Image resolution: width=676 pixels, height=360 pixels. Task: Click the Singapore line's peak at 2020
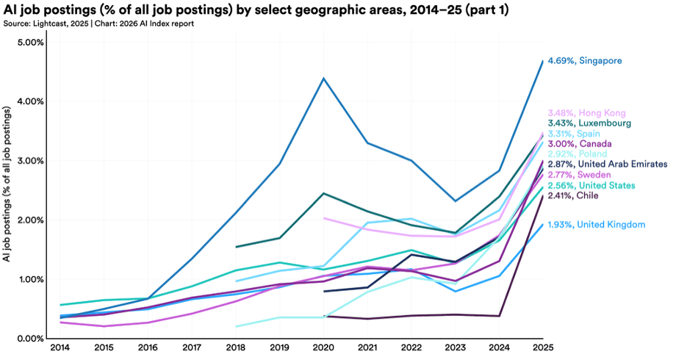(x=323, y=78)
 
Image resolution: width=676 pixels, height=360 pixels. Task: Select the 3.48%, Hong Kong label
(x=586, y=113)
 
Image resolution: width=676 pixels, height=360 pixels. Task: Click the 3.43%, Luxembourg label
(x=591, y=123)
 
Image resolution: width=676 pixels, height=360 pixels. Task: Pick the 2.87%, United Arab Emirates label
(x=607, y=165)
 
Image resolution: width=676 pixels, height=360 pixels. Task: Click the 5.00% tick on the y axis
(x=30, y=42)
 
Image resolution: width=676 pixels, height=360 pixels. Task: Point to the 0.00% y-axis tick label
(x=30, y=339)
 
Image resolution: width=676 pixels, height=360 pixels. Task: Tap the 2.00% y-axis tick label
(x=30, y=220)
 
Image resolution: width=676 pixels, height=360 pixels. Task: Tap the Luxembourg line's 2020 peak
(x=323, y=193)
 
